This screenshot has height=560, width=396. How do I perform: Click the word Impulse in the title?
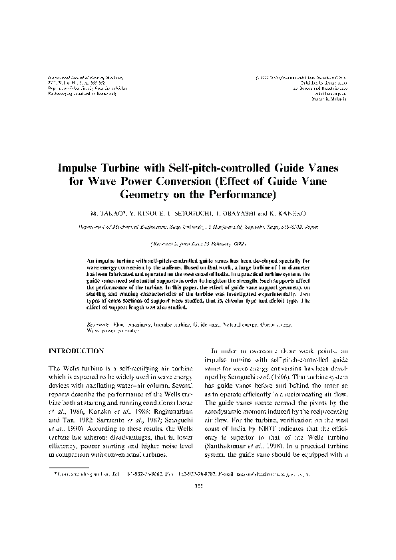(79, 167)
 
